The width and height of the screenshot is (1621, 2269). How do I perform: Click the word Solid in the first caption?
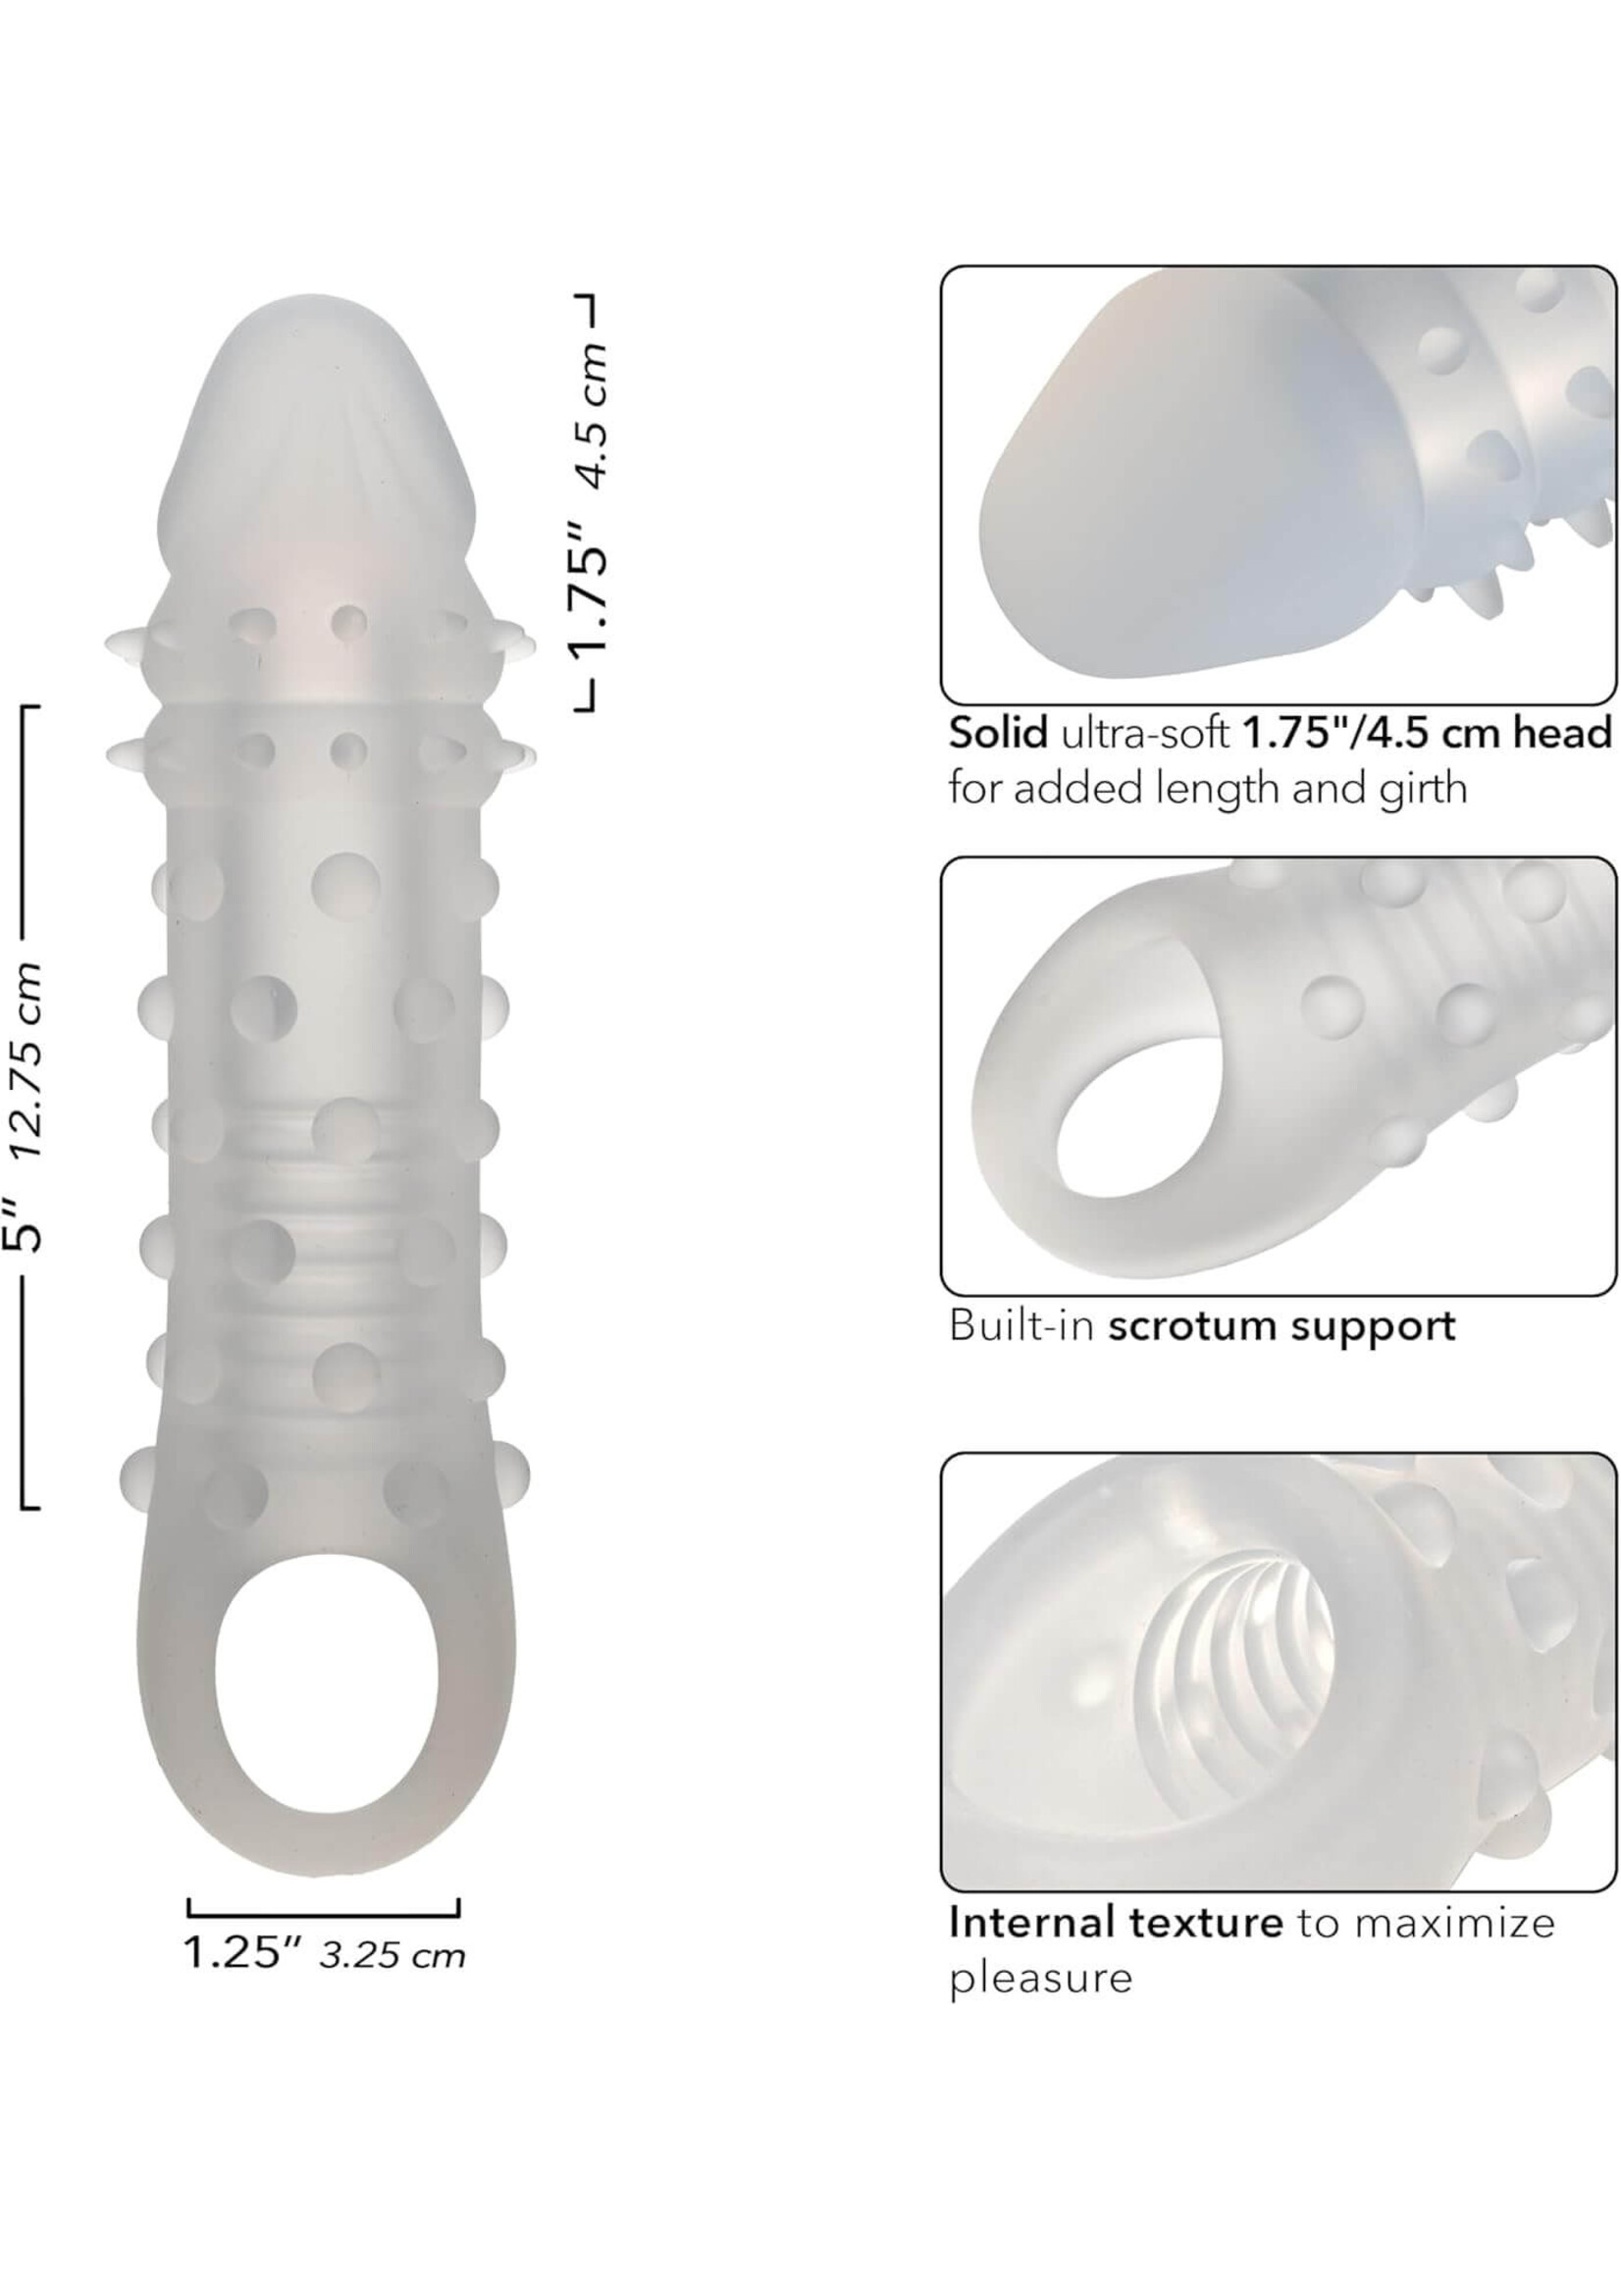pos(998,733)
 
